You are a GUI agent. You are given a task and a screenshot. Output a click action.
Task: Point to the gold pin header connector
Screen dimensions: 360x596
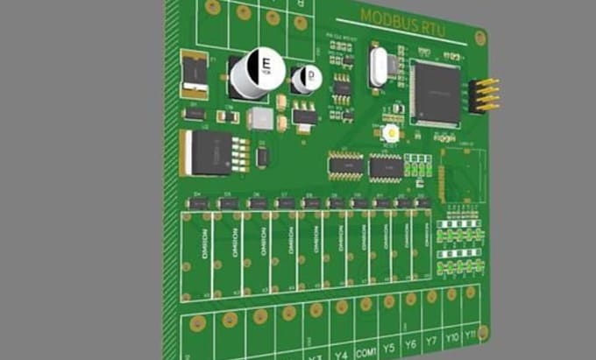tap(484, 95)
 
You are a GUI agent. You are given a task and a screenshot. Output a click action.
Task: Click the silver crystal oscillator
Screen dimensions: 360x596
tap(378, 67)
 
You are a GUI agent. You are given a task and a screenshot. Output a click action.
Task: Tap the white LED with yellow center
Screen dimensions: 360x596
tap(391, 133)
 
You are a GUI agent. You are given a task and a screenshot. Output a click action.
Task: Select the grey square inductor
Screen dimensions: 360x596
tap(260, 119)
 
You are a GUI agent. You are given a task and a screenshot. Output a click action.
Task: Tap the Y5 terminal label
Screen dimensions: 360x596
tap(389, 348)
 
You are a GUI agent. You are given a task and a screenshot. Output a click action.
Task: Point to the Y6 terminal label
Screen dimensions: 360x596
tap(410, 344)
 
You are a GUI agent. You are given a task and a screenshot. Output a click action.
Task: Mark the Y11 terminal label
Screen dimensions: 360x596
tap(471, 334)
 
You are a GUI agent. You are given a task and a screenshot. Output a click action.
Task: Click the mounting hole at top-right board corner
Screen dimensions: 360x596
tap(479, 38)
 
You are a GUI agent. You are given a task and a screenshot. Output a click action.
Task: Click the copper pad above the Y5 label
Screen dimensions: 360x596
tap(387, 302)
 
